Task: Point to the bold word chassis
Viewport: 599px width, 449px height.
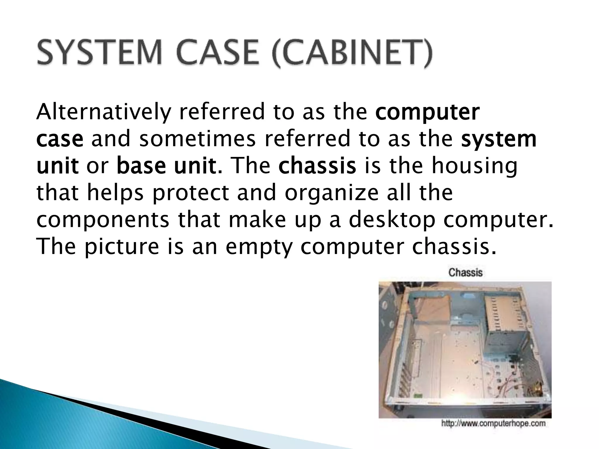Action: coord(317,166)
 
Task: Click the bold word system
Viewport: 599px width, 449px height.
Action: coord(499,139)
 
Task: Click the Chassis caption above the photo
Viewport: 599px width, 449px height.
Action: coord(465,272)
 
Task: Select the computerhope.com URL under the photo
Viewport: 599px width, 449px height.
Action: coord(493,424)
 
